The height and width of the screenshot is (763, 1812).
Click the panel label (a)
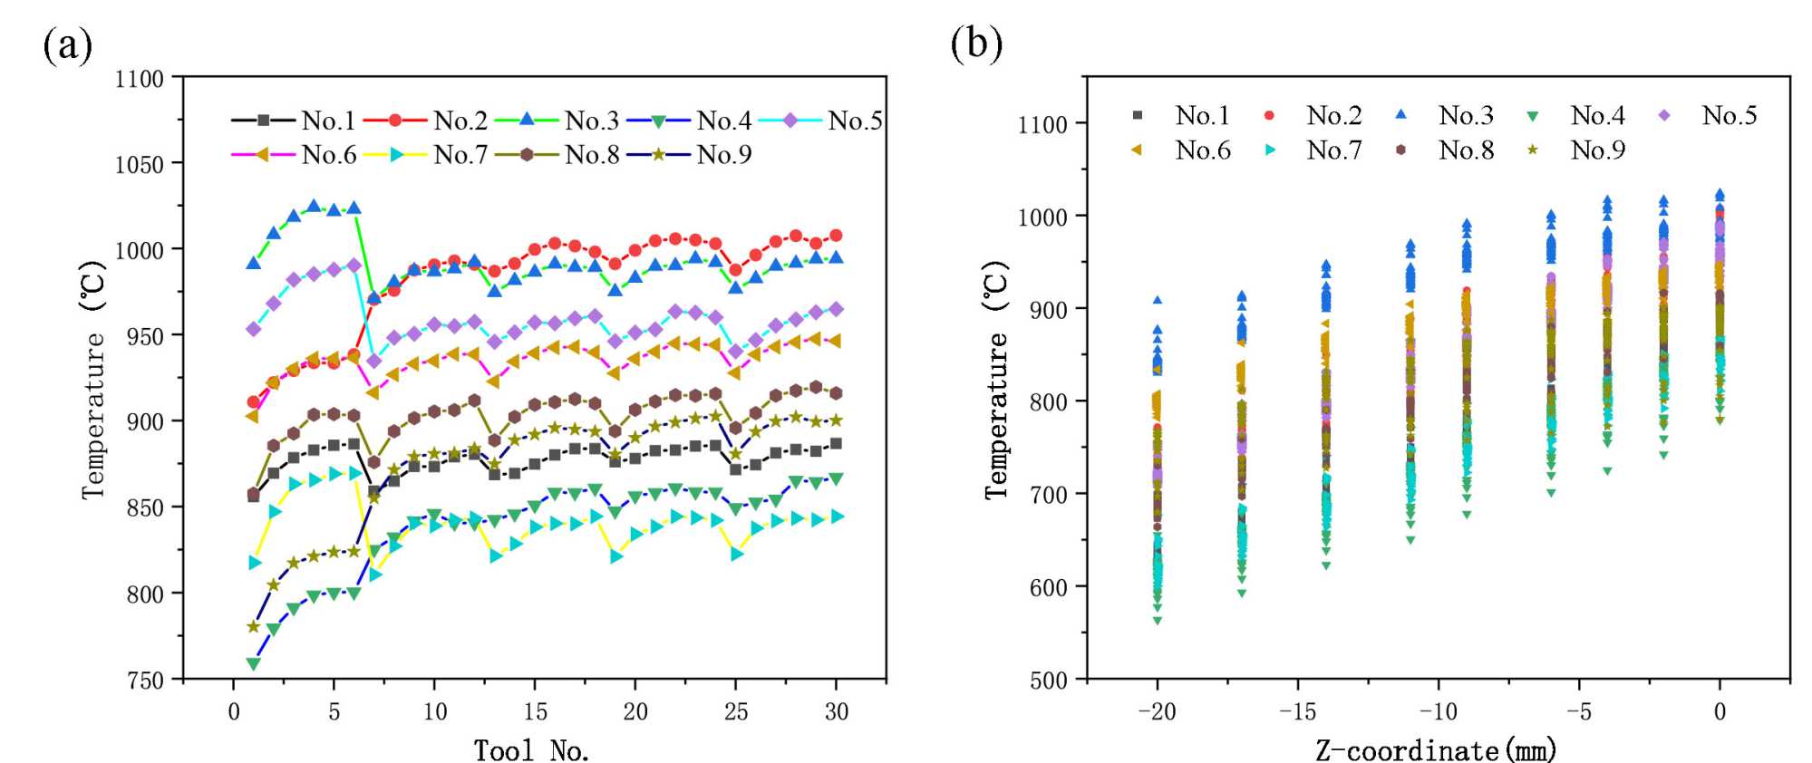tap(67, 45)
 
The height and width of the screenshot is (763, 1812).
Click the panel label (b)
tap(976, 43)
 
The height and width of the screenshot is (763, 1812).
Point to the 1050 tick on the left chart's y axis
tap(139, 164)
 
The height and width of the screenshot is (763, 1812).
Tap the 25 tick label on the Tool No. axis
tap(735, 712)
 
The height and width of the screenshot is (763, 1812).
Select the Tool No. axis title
tap(532, 749)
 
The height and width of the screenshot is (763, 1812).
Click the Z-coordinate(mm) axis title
tap(1436, 749)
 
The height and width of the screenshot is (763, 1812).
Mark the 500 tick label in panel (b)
tap(1048, 681)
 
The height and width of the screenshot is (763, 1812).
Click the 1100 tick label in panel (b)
tap(1042, 124)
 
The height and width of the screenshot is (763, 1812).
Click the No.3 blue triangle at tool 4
tap(314, 207)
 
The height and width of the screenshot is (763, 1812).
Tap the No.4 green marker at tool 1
tap(254, 663)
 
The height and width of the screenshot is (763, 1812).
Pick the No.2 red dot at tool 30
tap(836, 236)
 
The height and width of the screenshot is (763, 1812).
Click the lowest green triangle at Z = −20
tap(1158, 621)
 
